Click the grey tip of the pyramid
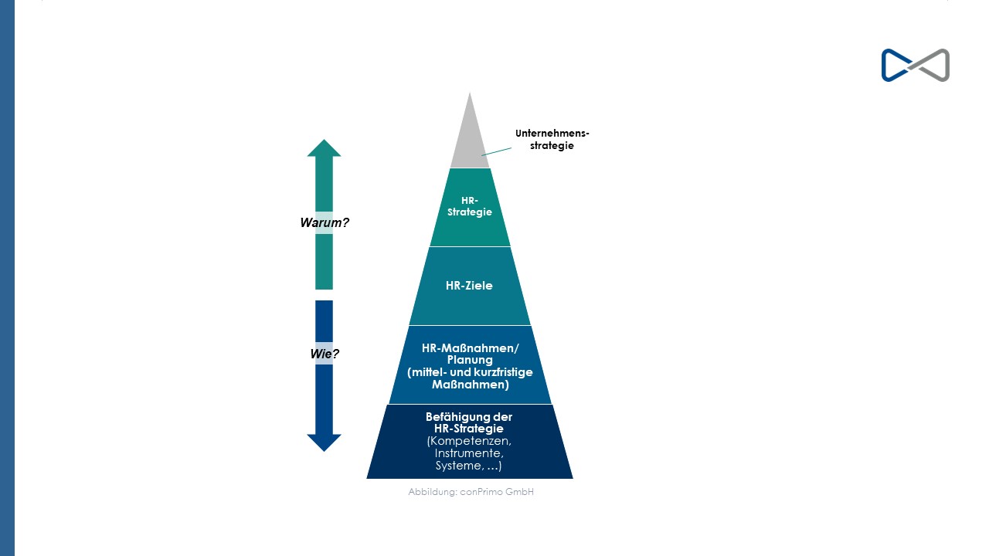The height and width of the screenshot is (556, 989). [470, 137]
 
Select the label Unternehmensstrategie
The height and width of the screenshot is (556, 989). [552, 140]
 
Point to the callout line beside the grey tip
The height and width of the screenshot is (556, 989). [496, 152]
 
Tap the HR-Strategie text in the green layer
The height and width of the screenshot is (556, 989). [470, 206]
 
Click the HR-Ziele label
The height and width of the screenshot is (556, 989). [469, 286]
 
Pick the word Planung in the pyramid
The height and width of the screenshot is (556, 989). [470, 360]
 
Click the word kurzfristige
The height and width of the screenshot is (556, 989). [506, 372]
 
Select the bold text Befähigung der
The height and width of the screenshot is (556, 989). [469, 416]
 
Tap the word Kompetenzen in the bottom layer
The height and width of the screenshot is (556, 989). [469, 441]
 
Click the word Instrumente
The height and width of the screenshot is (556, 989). [469, 453]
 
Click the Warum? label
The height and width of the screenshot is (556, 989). [325, 222]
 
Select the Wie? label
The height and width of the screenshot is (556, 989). [325, 354]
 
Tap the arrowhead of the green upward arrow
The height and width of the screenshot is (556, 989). [324, 148]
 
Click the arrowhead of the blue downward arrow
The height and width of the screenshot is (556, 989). [324, 442]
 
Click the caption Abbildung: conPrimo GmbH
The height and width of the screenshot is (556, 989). [471, 492]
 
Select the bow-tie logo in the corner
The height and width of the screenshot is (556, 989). [916, 66]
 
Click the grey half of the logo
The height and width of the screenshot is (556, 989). [930, 66]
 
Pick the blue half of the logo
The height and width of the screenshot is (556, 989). [896, 66]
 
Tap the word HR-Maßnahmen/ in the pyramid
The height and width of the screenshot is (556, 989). [471, 348]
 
